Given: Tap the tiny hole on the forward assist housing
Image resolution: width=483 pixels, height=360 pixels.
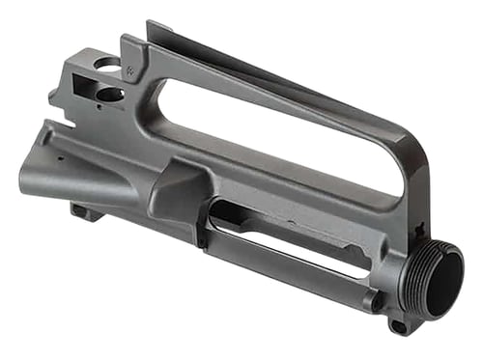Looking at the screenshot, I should pos(59,155).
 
